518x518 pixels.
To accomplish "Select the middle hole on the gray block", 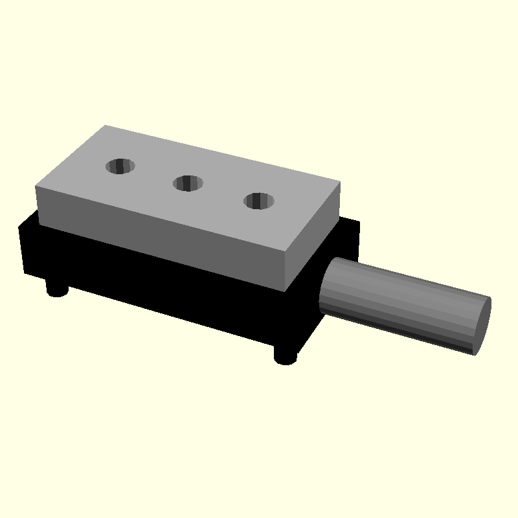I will click(188, 183).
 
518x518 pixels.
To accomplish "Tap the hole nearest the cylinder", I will click(259, 201).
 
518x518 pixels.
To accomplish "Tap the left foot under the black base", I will click(58, 287).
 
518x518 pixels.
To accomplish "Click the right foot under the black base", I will click(285, 355).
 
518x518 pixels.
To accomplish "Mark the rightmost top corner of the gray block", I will click(339, 183).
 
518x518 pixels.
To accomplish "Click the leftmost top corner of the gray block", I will click(36, 188).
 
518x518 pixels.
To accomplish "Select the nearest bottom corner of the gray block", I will click(284, 289).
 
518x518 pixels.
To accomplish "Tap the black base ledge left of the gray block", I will click(27, 223).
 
